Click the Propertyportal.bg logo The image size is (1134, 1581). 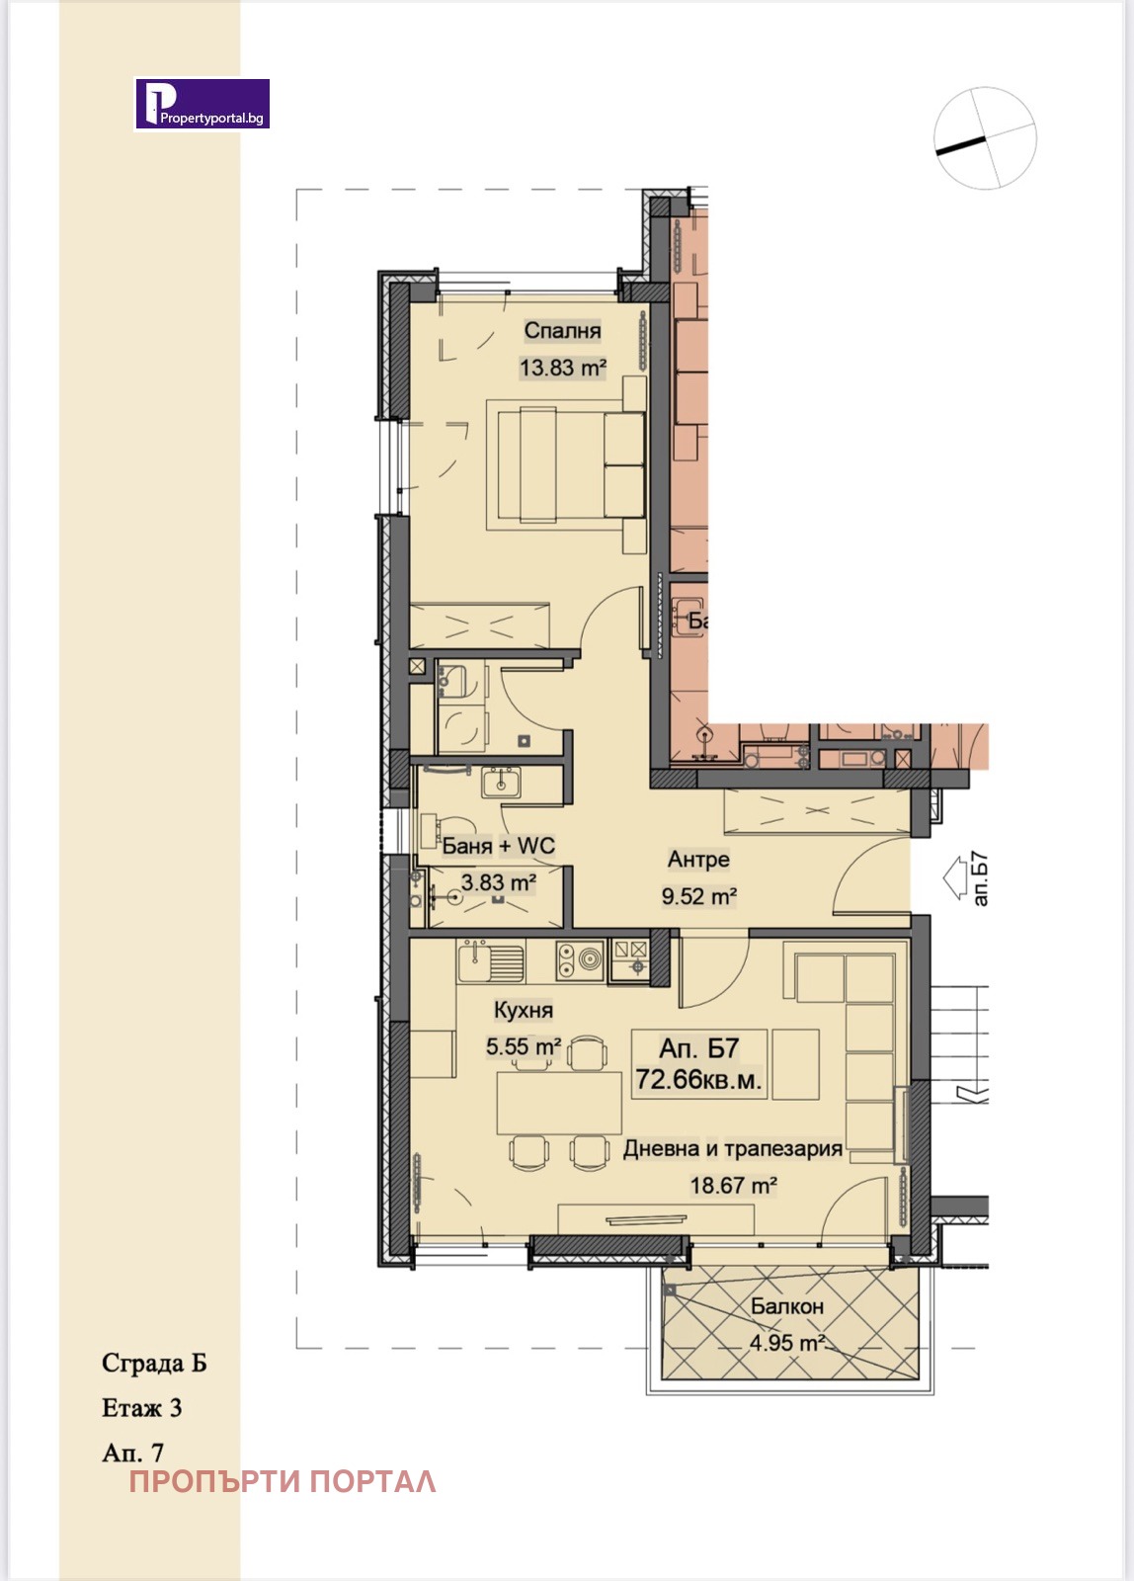click(202, 105)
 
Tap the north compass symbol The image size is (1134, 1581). click(985, 137)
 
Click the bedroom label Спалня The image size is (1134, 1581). click(562, 330)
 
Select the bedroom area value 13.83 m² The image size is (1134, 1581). click(563, 368)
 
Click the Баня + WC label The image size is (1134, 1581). click(498, 846)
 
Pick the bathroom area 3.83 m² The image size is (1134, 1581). click(498, 882)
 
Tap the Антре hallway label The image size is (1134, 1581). click(698, 860)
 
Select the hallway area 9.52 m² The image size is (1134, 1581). click(699, 896)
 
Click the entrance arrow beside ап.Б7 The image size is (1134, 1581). click(955, 878)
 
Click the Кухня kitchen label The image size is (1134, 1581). click(523, 1010)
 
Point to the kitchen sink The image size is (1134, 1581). click(491, 962)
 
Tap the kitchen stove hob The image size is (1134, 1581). click(580, 960)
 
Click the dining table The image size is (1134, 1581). click(559, 1103)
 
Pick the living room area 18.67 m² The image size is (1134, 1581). click(733, 1185)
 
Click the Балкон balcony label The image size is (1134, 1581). click(787, 1306)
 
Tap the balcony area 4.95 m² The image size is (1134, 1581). click(787, 1343)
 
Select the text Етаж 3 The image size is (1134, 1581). click(142, 1408)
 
